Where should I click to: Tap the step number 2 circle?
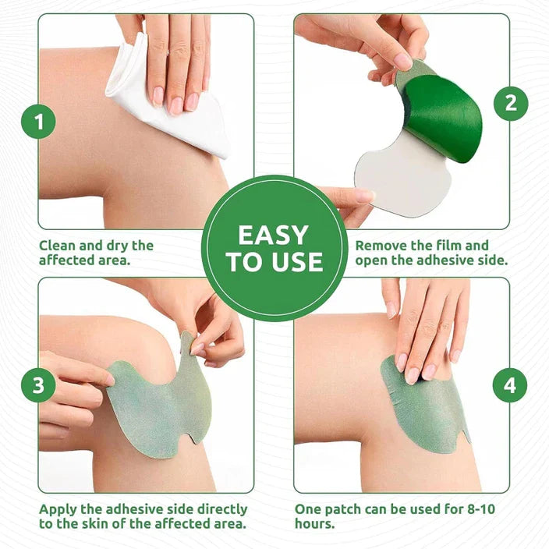pyautogui.click(x=511, y=102)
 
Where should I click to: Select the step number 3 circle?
pyautogui.click(x=38, y=385)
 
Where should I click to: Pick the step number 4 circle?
pyautogui.click(x=510, y=385)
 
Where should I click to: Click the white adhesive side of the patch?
pyautogui.click(x=398, y=175)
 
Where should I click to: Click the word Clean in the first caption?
pyautogui.click(x=58, y=246)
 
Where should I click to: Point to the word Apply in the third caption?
pyautogui.click(x=59, y=509)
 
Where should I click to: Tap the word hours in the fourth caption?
pyautogui.click(x=313, y=524)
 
